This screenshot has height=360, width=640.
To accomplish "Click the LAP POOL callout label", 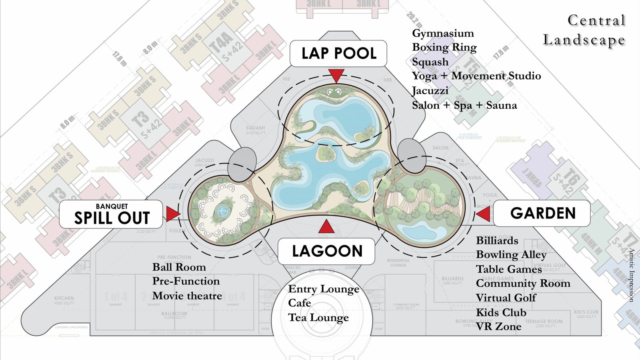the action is coord(338,53).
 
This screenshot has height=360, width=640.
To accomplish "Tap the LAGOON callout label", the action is coord(326,251).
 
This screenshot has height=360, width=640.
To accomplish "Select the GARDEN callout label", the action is coord(542,213).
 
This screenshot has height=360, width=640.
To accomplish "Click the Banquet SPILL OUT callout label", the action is coord(111,214).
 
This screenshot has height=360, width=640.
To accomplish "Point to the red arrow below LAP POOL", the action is coord(336,76).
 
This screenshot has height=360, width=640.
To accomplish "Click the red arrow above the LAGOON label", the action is coord(326,227).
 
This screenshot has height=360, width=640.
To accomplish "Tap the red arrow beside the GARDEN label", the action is coord(484,214).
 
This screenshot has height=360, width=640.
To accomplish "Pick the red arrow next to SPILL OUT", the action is coord(173,214).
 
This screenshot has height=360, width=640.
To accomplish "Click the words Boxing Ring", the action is coord(444,47).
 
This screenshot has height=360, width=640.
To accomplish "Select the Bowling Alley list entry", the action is coord(511,255).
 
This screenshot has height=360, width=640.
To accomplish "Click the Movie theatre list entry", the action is coord(187,296).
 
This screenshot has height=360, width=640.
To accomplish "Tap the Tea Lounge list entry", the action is coord(318,318).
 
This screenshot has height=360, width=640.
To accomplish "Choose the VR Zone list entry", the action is coord(498,327).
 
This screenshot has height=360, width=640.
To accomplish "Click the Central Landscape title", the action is coord(584,30).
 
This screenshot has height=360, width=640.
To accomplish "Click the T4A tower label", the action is coord(221,41).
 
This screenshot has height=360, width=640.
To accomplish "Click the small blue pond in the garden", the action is coord(416,232).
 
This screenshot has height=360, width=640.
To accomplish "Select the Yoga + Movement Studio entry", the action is coord(476,76).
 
